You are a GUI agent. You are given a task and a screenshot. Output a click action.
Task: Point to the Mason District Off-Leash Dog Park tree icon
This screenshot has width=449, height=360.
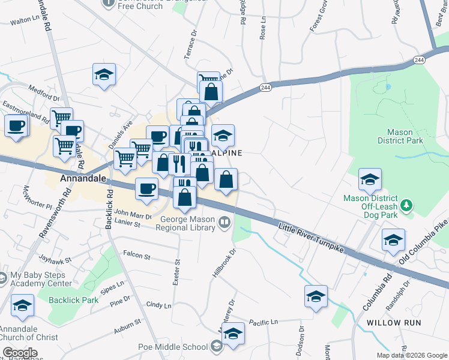(408, 206)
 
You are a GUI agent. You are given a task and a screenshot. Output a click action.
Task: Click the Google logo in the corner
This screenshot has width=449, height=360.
(20, 353)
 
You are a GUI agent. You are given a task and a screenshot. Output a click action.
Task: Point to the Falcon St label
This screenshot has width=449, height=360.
(136, 256)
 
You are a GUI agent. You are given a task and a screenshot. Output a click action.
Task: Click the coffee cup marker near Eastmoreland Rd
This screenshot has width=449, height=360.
(16, 126)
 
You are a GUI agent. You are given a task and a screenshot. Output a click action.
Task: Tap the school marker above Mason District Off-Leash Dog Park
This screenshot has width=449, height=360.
(370, 179)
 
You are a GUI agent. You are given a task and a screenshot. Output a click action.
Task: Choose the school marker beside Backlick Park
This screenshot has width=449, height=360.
(22, 305)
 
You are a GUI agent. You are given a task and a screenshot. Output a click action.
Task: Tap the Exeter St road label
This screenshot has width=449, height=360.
(176, 272)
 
